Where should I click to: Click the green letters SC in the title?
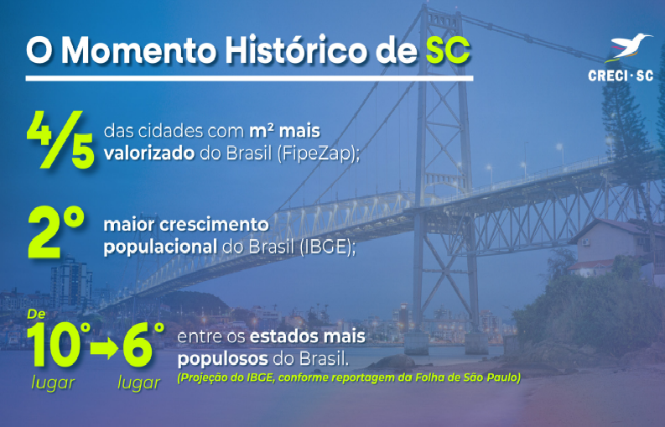coord(448,50)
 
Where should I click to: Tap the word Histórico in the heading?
coord(296,49)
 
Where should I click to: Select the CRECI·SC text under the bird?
coord(621,76)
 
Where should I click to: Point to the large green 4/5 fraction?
coord(60,139)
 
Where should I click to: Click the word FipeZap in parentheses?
coord(317,154)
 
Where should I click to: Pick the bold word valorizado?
coord(149,154)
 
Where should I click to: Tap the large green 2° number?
coord(56,232)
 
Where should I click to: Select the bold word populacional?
coord(160,247)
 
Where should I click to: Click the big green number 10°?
coord(59,345)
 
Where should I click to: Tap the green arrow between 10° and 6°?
coord(104,349)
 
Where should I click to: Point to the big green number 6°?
coord(143,345)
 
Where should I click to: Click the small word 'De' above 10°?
coord(36,314)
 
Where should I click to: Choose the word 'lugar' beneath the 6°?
coord(138,383)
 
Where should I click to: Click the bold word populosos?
coord(223,360)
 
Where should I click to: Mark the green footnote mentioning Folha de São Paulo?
coord(349,378)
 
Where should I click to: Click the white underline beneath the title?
coord(249,79)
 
